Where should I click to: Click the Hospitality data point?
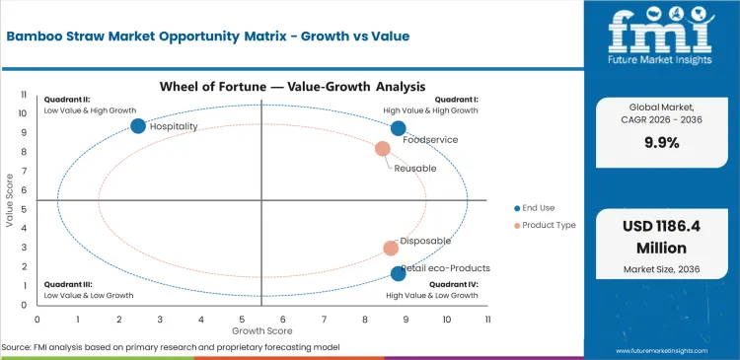[x=138, y=125]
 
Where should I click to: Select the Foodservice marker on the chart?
[x=398, y=128]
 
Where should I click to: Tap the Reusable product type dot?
[x=383, y=149]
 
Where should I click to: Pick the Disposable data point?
[x=391, y=249]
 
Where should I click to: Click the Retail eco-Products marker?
[x=398, y=273]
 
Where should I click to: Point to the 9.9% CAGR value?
[x=659, y=141]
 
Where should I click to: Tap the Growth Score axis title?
[x=261, y=330]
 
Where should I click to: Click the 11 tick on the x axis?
[x=487, y=320]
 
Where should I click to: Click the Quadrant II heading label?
[x=67, y=100]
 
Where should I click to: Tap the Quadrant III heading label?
[x=68, y=284]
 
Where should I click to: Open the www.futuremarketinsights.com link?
[x=670, y=350]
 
